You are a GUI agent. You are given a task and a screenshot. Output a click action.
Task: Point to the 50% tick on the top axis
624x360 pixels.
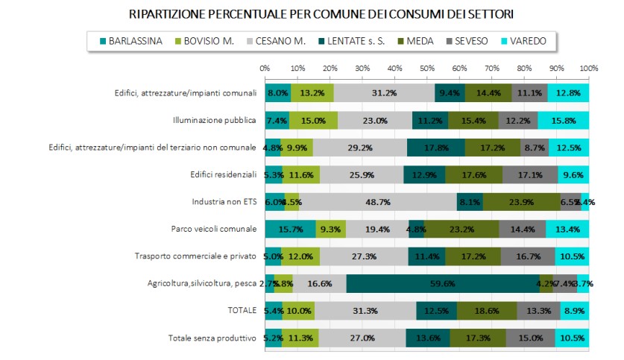426,69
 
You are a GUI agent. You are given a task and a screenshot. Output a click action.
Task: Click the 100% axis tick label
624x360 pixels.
588,69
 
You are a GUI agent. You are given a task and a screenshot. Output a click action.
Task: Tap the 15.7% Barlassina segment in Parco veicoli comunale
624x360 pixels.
290,229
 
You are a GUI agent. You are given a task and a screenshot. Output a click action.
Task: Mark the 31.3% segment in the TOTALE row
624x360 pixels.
365,310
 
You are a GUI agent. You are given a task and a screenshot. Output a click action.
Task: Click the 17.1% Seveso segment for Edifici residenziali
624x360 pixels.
530,174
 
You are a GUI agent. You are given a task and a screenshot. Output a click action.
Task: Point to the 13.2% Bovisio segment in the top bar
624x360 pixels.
312,94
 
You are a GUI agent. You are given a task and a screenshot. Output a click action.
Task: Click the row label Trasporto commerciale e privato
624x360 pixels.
196,256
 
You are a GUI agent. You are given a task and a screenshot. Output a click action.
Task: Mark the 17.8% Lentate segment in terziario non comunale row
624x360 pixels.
435,148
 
